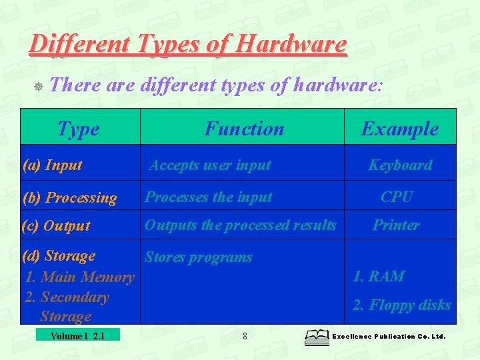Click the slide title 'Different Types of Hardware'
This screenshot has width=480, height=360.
point(188,45)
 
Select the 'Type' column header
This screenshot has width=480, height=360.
point(79,129)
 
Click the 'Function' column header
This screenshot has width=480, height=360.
point(244,129)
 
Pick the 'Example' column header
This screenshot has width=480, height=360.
point(400,129)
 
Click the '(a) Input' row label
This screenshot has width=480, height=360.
point(53,165)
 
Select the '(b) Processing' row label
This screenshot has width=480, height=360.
point(69,198)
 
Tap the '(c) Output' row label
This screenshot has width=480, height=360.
point(56,225)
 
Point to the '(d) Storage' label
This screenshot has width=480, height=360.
point(59,256)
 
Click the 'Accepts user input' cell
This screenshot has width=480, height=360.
point(209,165)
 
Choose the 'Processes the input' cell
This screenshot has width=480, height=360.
point(209,197)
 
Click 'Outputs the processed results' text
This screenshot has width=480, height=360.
point(241,225)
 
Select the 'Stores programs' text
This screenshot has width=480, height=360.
point(199,257)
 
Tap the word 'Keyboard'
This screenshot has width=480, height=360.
point(400,165)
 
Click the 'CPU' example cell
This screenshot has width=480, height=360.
point(397,197)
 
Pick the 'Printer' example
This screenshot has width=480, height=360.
point(396,225)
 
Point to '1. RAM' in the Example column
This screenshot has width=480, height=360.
point(379,276)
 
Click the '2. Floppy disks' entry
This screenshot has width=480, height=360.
point(401,305)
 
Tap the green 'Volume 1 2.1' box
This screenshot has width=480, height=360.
point(78,335)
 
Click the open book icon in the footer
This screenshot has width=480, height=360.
point(317,337)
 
